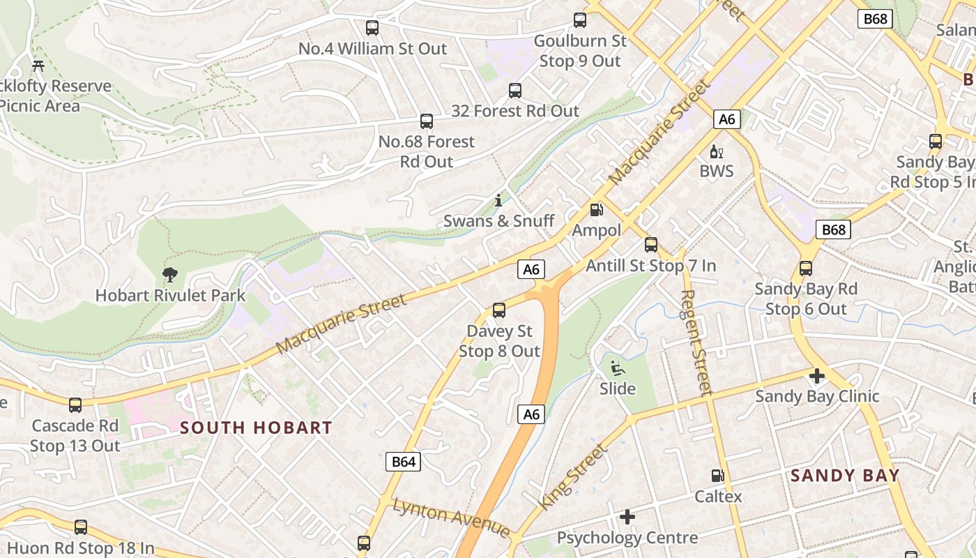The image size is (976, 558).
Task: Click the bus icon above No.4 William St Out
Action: (372, 28)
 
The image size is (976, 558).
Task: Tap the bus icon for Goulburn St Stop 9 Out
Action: (580, 20)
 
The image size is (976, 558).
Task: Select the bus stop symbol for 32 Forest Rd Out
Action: (515, 90)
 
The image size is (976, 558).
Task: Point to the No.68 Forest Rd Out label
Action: (426, 151)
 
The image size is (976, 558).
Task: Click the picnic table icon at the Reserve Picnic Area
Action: (38, 66)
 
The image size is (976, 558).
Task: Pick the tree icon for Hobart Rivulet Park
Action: (169, 275)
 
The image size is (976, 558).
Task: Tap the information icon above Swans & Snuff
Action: (498, 200)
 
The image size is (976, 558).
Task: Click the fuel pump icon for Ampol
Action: (596, 209)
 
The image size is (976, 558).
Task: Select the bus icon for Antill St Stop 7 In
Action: (651, 245)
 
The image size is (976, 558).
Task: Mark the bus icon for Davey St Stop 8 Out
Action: (499, 310)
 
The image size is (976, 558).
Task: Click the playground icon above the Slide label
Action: (617, 368)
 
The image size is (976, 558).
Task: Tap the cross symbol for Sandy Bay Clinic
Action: (816, 376)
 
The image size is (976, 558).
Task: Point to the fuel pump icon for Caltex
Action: (717, 476)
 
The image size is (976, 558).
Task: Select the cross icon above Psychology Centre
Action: (627, 517)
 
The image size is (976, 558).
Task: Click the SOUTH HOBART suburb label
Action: (256, 428)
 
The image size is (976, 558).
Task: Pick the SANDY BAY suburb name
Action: (845, 476)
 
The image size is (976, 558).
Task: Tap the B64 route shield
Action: (404, 461)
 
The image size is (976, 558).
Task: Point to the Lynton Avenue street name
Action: (451, 517)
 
